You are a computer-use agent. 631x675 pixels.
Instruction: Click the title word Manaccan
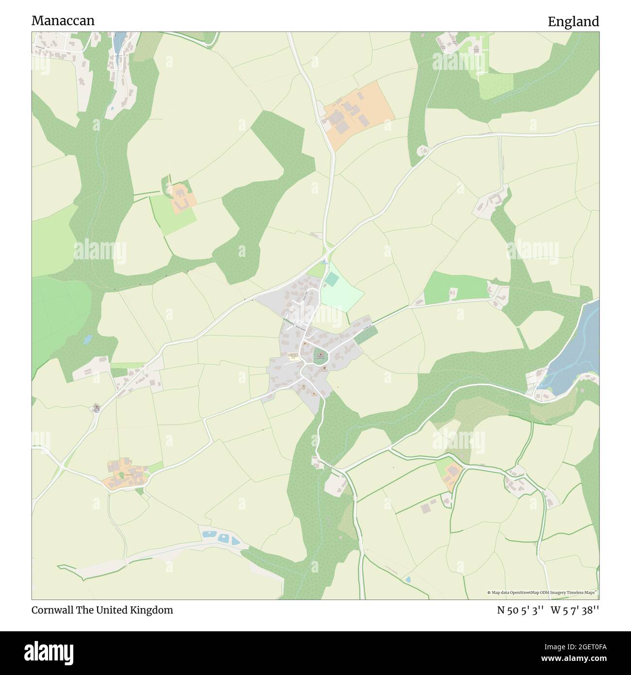63,21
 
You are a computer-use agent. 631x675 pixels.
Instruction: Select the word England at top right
573,22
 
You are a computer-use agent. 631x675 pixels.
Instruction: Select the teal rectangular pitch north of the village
332,279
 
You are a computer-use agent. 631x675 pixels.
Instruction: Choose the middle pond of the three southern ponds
224,538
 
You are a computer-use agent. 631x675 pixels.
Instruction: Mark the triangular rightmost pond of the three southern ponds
235,540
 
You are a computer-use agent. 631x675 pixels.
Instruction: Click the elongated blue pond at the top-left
118,43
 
